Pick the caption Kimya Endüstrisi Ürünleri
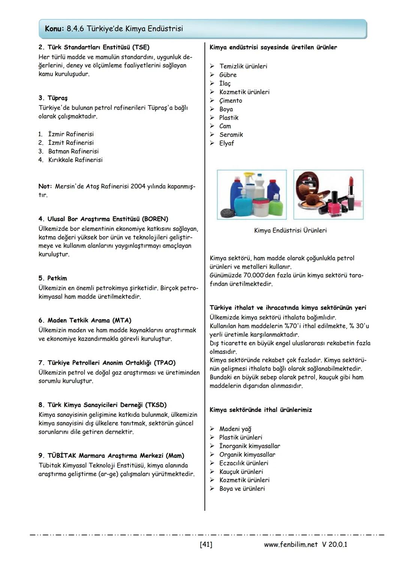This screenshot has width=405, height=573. coord(290,230)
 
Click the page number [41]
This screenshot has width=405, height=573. coord(206,544)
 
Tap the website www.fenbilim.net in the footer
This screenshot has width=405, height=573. coord(291,544)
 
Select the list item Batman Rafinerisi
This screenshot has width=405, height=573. coord(73,151)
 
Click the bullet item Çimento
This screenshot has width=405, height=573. coord(231,101)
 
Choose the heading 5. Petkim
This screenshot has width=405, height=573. coord(53,278)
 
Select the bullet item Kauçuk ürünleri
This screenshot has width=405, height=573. coord(241,472)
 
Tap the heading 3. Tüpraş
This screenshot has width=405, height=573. coord(53,98)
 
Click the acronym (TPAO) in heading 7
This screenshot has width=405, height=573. coord(165,363)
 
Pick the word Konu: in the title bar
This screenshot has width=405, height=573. coord(54,29)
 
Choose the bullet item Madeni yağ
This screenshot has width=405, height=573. coord(235,429)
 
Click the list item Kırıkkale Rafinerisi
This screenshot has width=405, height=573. coord(75,160)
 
